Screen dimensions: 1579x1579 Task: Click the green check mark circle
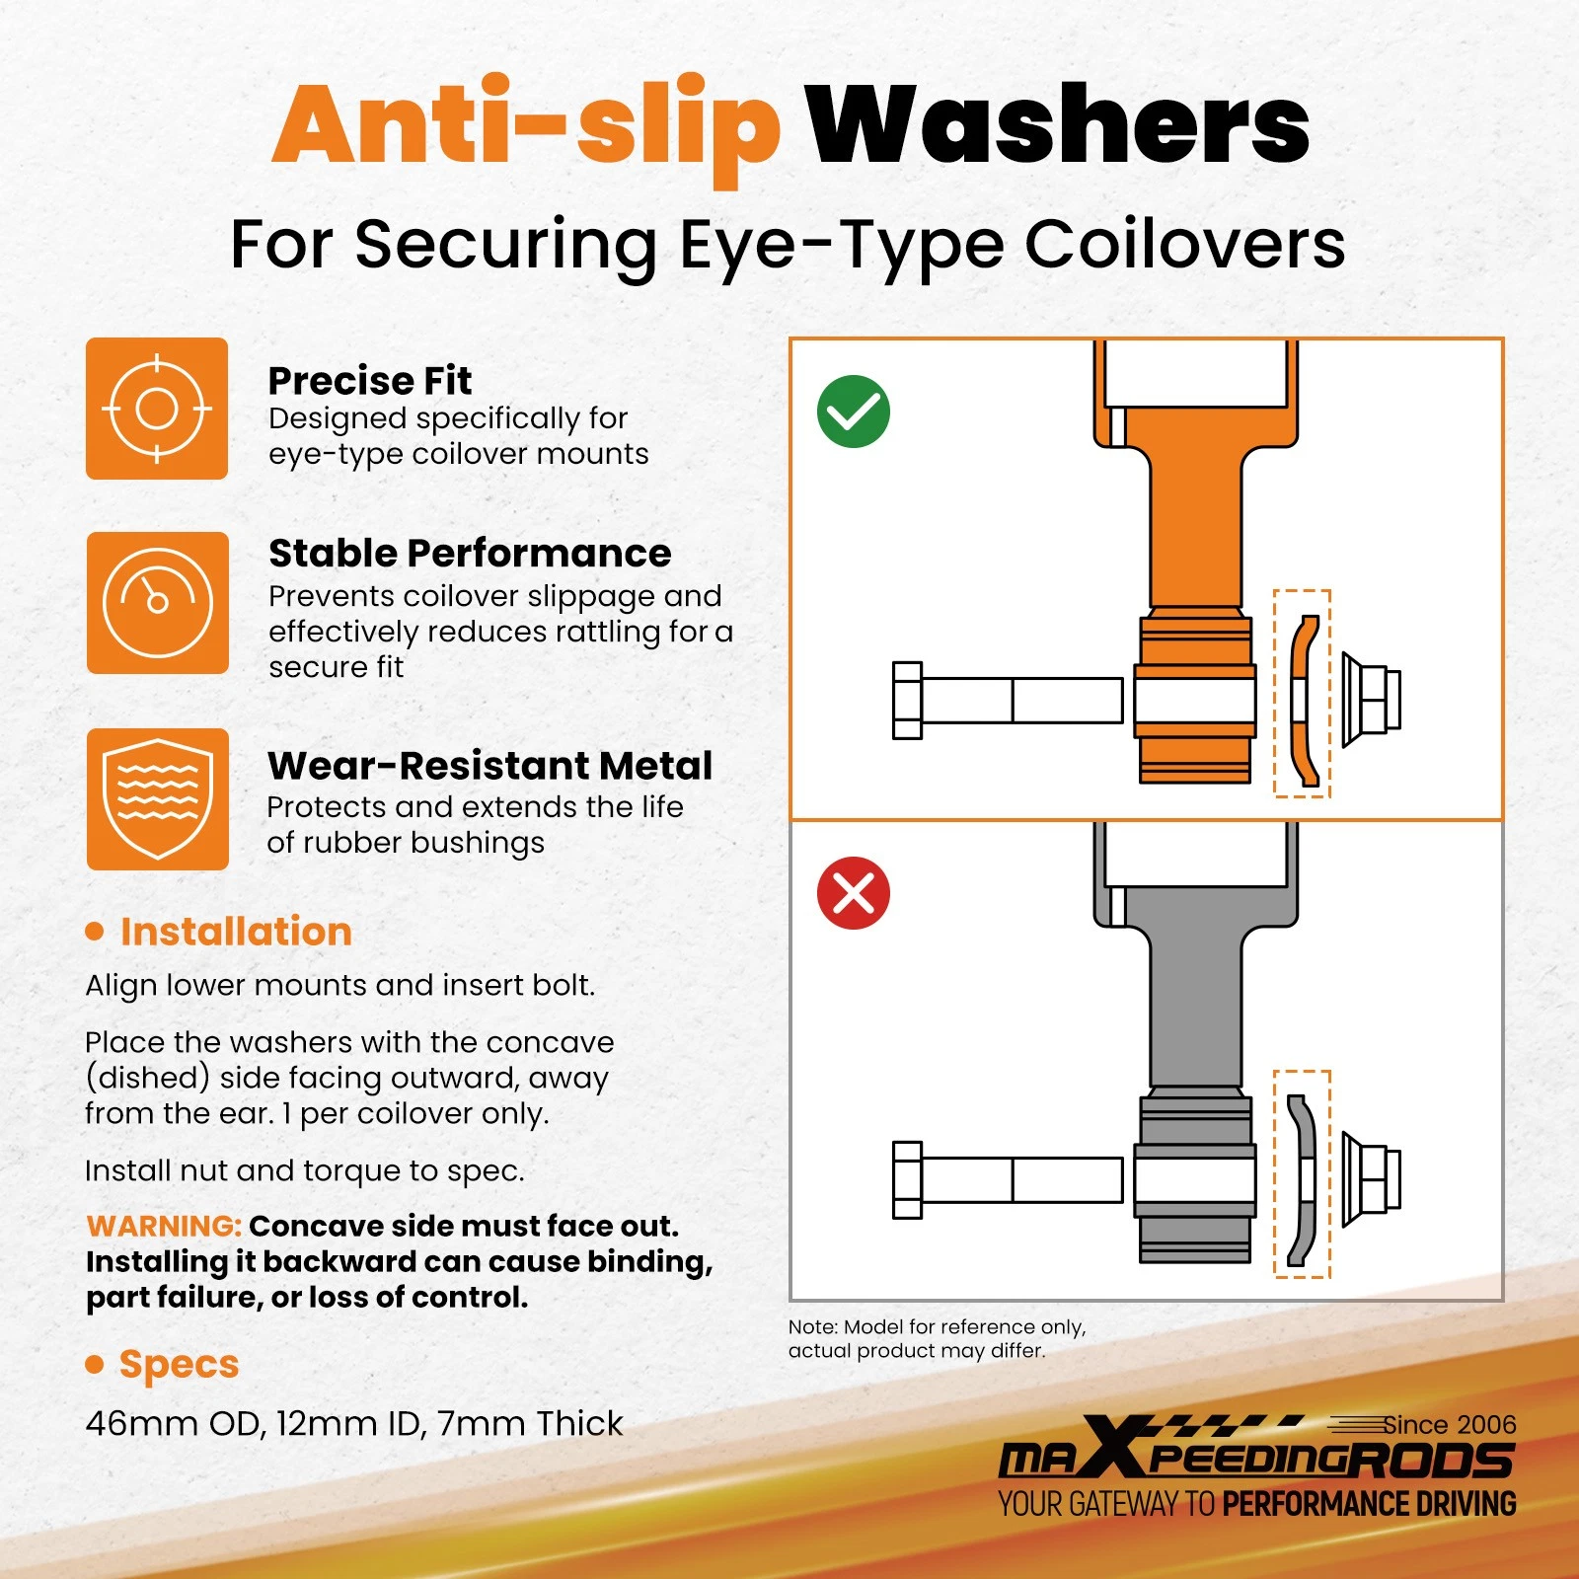click(854, 412)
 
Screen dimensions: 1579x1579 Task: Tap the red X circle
click(854, 893)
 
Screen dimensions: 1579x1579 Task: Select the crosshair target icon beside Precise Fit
click(157, 409)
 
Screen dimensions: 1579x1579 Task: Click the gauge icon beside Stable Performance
click(157, 603)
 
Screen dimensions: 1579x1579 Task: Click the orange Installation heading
click(236, 932)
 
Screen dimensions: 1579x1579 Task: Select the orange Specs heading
click(179, 1365)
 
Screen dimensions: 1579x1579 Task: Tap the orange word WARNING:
click(164, 1226)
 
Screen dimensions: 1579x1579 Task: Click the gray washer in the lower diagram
click(1302, 1179)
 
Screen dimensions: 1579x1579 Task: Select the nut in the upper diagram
click(1372, 700)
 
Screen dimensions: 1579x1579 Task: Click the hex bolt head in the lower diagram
click(907, 1179)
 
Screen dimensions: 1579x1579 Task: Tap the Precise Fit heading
click(370, 381)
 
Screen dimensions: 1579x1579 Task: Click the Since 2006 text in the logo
click(1450, 1425)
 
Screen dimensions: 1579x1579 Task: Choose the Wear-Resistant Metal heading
click(489, 766)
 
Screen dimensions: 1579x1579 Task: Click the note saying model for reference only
click(937, 1338)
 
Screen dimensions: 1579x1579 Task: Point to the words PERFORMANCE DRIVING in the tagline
click(1370, 1504)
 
